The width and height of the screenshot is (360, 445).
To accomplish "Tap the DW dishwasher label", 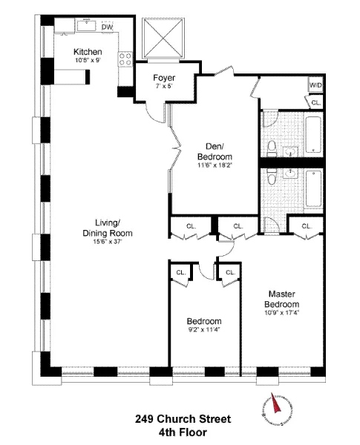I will (107, 27).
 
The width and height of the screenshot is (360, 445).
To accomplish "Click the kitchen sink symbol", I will (88, 26).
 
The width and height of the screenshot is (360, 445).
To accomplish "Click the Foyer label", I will (163, 77).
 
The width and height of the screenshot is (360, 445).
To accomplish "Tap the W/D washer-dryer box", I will (315, 86).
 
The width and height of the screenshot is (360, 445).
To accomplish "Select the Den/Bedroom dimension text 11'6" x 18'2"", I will (215, 165).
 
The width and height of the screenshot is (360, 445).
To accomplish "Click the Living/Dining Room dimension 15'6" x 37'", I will (108, 241).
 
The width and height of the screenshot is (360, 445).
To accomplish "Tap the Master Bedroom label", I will (284, 299).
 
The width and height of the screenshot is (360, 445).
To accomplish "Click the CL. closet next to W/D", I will (315, 102).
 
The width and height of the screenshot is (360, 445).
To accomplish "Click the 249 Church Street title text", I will (182, 419).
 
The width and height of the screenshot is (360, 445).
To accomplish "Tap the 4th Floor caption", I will (182, 432).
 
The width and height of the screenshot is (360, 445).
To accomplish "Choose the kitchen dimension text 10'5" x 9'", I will (87, 59).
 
